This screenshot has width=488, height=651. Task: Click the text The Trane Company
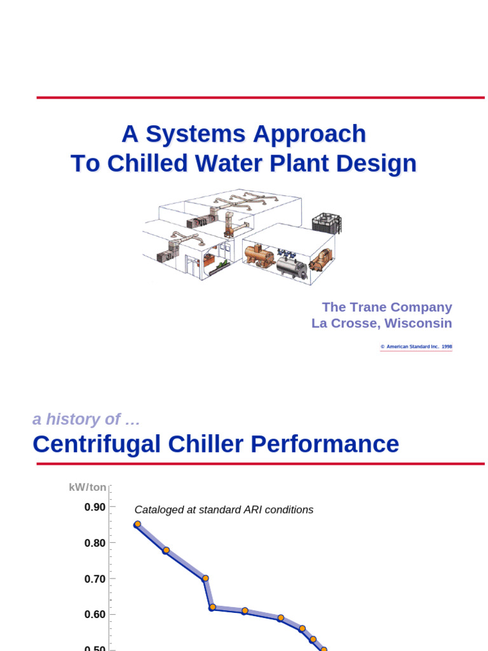[386, 307]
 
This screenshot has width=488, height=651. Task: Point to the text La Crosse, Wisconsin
[381, 323]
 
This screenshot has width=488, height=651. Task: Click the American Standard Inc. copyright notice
[416, 347]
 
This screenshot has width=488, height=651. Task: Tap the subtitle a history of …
[86, 419]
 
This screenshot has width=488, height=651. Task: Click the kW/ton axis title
[88, 488]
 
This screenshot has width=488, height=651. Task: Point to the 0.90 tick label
[95, 507]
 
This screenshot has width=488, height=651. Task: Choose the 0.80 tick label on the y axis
[95, 543]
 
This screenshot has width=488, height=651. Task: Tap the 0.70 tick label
[95, 579]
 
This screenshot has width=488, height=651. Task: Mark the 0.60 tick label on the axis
[95, 615]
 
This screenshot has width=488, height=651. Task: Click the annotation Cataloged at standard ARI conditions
[224, 510]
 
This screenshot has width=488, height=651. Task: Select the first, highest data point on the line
[137, 524]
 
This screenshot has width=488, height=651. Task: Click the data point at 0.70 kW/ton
[205, 579]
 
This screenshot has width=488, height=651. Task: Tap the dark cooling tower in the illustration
[327, 223]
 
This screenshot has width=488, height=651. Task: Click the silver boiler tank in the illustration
[291, 266]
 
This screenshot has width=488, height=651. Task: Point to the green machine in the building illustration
[222, 264]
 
